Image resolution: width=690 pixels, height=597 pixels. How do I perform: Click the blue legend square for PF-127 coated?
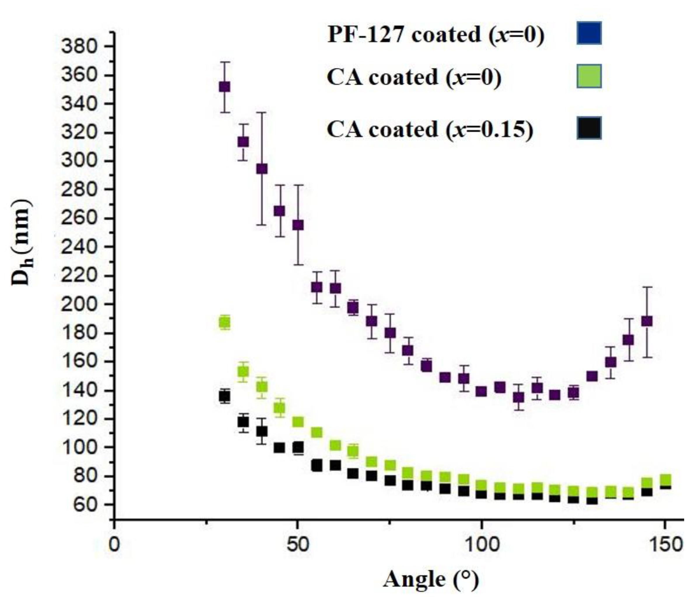point(589,33)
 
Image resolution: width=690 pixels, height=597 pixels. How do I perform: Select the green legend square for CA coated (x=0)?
point(589,76)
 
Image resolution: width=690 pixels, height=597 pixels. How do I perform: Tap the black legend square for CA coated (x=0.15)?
point(589,128)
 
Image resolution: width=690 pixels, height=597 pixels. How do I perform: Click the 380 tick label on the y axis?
point(79,47)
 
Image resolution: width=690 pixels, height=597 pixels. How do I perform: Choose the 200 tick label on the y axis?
point(79,305)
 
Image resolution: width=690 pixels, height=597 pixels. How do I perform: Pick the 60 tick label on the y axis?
point(83,505)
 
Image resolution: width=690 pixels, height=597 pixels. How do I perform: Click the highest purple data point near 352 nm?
point(224,87)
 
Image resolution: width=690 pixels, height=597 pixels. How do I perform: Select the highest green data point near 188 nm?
point(225,322)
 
